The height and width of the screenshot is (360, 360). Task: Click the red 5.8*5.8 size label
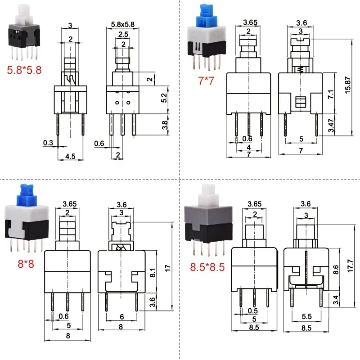24,70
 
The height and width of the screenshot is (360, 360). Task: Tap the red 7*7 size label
206,81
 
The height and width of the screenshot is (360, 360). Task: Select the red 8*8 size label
26,264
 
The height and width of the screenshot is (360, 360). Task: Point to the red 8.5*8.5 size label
207,267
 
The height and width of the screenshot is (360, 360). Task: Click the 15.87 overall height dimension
348,85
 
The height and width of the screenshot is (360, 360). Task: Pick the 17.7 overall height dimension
351,266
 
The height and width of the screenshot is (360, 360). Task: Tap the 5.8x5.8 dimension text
122,24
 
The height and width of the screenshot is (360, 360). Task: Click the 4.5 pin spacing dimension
70,156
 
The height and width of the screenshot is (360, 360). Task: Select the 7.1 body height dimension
331,94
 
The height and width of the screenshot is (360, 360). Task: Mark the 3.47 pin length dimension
331,126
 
